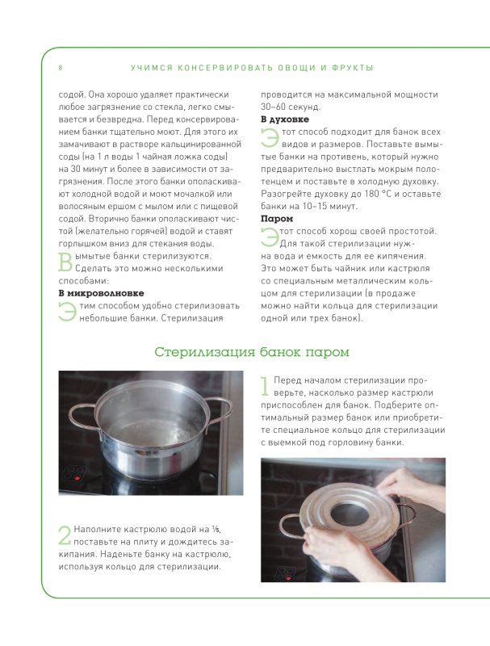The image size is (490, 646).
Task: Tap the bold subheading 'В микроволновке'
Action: [101, 293]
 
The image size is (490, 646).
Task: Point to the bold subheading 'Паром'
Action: [277, 219]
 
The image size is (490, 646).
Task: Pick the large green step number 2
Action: [65, 535]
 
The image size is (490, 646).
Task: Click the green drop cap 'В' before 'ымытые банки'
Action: [65, 262]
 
